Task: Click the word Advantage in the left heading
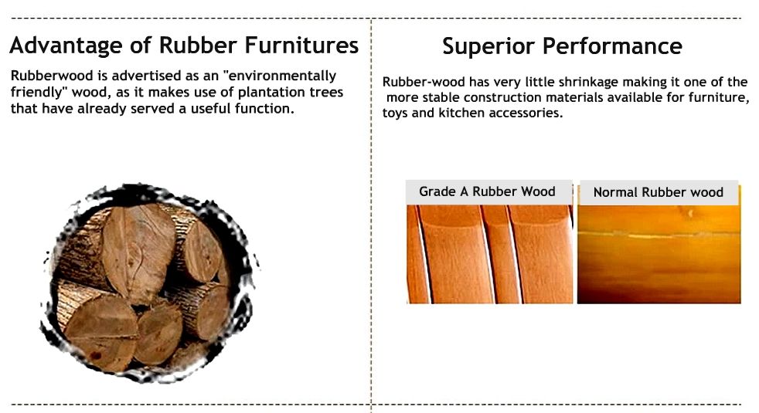click(66, 46)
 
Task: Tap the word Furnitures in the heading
click(301, 45)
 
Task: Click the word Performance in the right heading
click(612, 46)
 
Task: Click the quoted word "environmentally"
click(279, 76)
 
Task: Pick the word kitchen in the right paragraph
click(461, 113)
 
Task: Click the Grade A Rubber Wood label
click(487, 191)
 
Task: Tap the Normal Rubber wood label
click(659, 192)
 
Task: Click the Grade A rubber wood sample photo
click(489, 255)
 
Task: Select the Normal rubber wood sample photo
click(659, 255)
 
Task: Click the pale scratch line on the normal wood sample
click(659, 235)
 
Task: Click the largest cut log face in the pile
click(138, 252)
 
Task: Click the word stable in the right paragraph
click(441, 98)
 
